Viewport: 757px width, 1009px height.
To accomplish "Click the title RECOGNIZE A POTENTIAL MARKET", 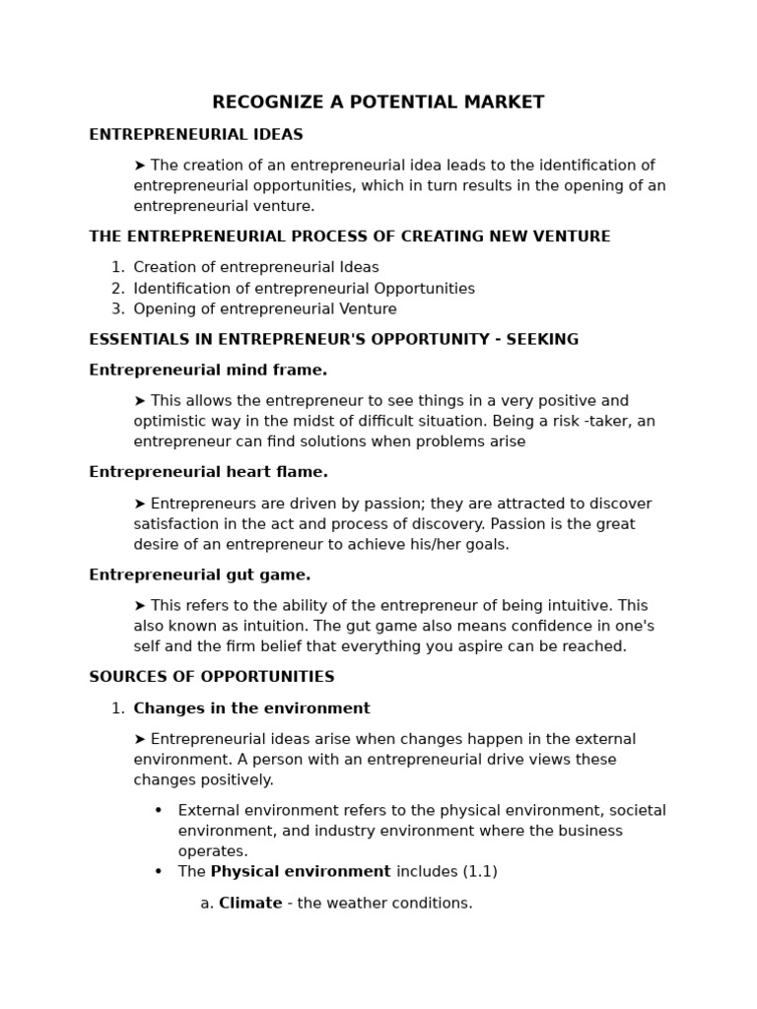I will pos(378,102).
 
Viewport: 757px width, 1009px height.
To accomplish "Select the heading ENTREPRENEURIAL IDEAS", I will pos(196,135).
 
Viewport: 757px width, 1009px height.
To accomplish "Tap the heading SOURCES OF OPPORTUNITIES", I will pos(212,677).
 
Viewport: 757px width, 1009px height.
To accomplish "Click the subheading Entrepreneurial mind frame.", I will pos(208,370).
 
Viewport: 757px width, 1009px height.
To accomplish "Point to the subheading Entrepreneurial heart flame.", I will pos(208,472).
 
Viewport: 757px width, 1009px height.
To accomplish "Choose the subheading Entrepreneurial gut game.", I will pos(200,574).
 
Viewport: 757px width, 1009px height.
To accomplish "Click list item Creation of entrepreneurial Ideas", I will pos(256,267).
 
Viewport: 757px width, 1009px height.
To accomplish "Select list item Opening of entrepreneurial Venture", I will pos(265,308).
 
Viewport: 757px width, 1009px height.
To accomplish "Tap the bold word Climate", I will pos(250,903).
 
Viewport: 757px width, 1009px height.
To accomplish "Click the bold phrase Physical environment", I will pos(301,871).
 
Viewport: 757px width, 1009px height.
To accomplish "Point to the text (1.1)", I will pos(480,871).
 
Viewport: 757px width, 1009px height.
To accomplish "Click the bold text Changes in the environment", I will pos(251,708).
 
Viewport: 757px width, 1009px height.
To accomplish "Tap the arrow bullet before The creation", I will pos(140,166).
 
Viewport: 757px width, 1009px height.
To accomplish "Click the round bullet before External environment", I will pos(158,810).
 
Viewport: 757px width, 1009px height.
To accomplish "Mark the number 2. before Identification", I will pos(117,289).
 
